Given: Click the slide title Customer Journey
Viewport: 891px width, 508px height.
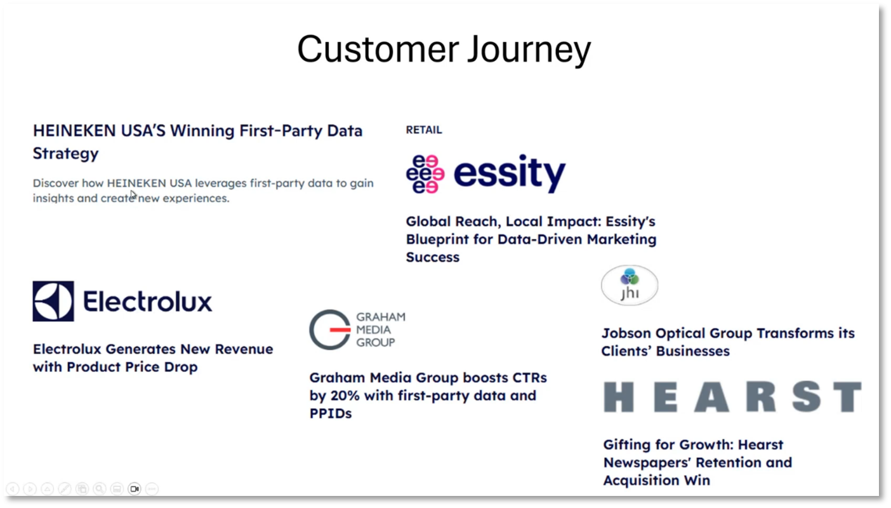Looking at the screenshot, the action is pyautogui.click(x=444, y=50).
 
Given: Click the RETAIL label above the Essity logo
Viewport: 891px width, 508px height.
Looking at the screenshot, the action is pyautogui.click(x=424, y=130).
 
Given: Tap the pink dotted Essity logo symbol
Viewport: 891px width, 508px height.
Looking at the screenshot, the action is pyautogui.click(x=425, y=173).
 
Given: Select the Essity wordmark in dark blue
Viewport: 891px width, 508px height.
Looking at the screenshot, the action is pyautogui.click(x=509, y=173).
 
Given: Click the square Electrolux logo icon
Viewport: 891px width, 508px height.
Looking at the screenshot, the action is pyautogui.click(x=53, y=301).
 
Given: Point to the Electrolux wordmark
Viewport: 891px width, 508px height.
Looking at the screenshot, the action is pyautogui.click(x=147, y=302).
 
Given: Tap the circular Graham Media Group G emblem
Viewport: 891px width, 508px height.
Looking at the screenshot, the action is pyautogui.click(x=329, y=330).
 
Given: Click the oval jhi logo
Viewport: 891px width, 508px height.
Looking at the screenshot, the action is pyautogui.click(x=630, y=286).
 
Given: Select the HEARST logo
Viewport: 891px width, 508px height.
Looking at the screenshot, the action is pyautogui.click(x=732, y=397).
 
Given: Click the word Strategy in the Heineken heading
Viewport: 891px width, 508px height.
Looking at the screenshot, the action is pyautogui.click(x=65, y=154).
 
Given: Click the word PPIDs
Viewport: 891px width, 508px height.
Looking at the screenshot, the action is pyautogui.click(x=330, y=413).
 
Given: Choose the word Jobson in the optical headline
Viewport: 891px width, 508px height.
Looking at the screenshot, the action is pyautogui.click(x=628, y=333).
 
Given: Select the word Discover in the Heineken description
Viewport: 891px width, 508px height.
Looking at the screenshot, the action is pyautogui.click(x=56, y=184).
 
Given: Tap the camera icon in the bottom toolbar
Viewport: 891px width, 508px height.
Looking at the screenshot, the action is pyautogui.click(x=134, y=489).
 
